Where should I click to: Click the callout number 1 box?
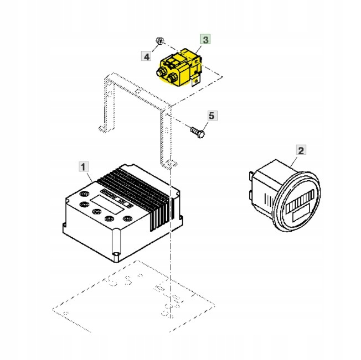(x=82, y=166)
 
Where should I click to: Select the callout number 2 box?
(x=301, y=150)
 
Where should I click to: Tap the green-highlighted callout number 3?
(x=205, y=39)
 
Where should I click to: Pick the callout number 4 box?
(x=147, y=56)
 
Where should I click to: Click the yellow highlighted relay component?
(x=178, y=67)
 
